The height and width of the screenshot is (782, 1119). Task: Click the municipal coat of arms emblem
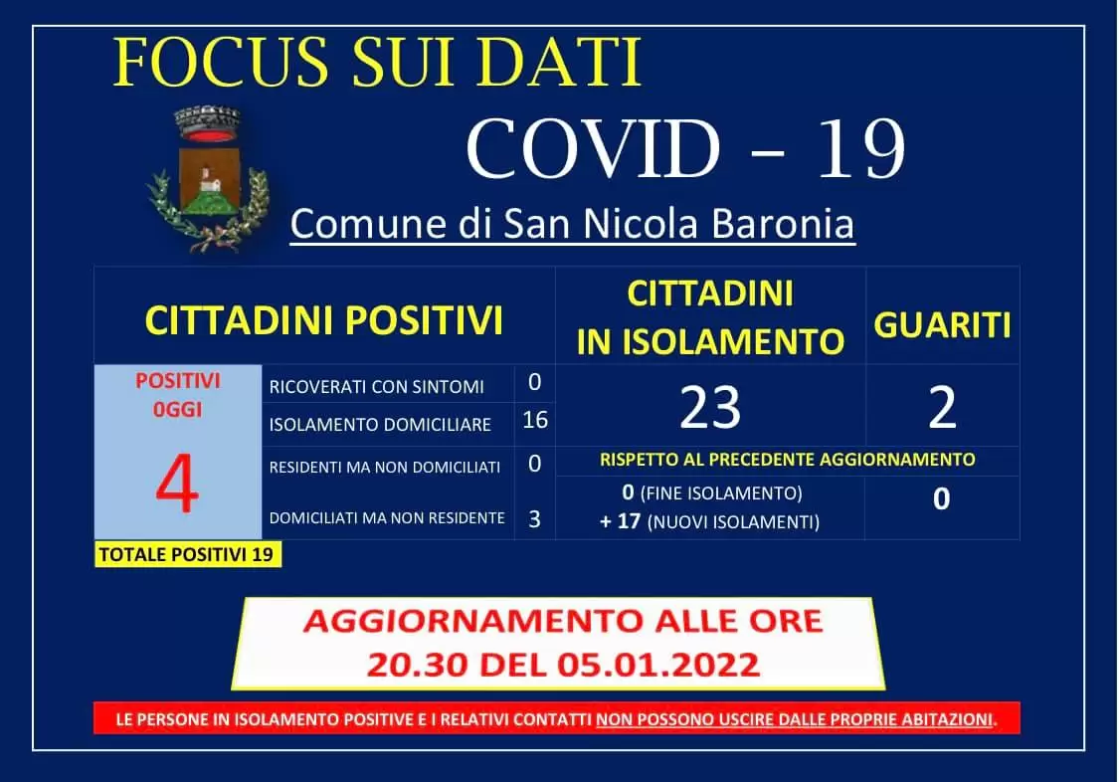point(207,178)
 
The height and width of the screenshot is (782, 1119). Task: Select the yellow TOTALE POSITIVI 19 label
point(188,554)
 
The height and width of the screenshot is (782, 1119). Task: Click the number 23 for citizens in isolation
point(709,407)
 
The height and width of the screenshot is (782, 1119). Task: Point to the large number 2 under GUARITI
point(941,407)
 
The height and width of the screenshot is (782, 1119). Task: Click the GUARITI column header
point(941,324)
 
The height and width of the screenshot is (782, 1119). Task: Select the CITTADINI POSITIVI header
point(323,321)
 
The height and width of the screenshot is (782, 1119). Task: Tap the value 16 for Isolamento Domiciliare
point(534,420)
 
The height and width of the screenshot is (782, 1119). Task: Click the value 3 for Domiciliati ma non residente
point(534,518)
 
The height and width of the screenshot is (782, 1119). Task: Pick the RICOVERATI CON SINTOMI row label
point(376,387)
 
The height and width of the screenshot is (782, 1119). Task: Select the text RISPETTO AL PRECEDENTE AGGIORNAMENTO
point(786,460)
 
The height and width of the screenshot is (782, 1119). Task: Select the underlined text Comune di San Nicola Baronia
point(572,225)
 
